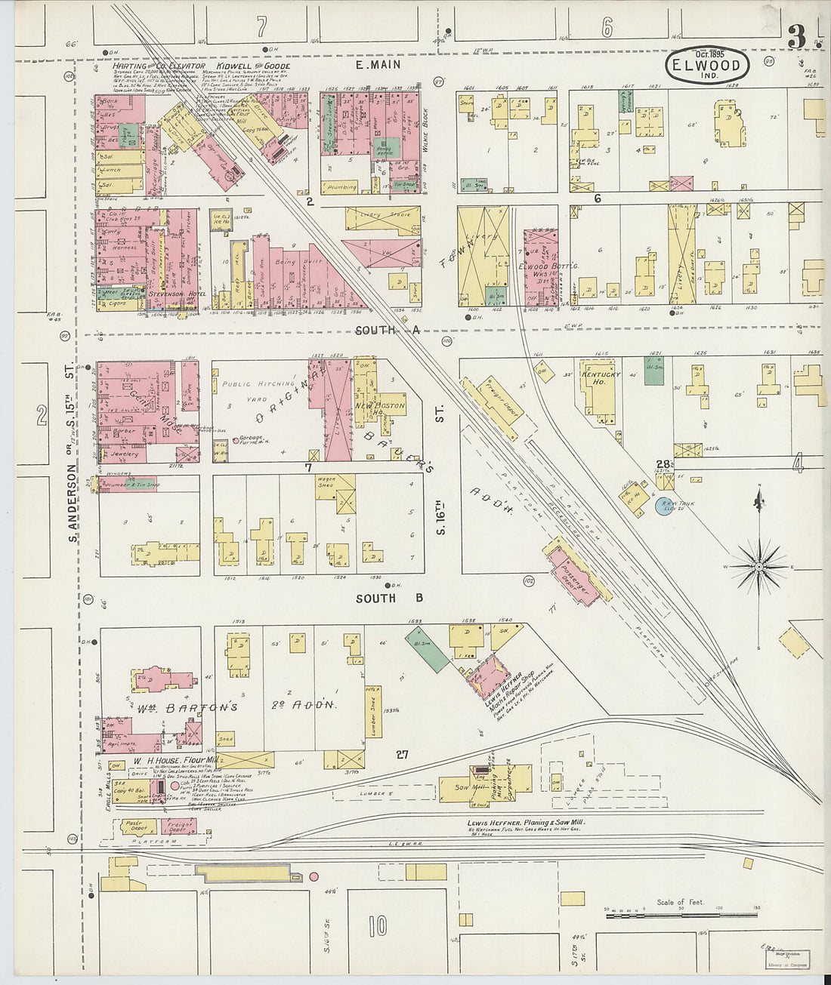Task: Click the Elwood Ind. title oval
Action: (x=708, y=66)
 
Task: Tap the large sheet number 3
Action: (x=795, y=37)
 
